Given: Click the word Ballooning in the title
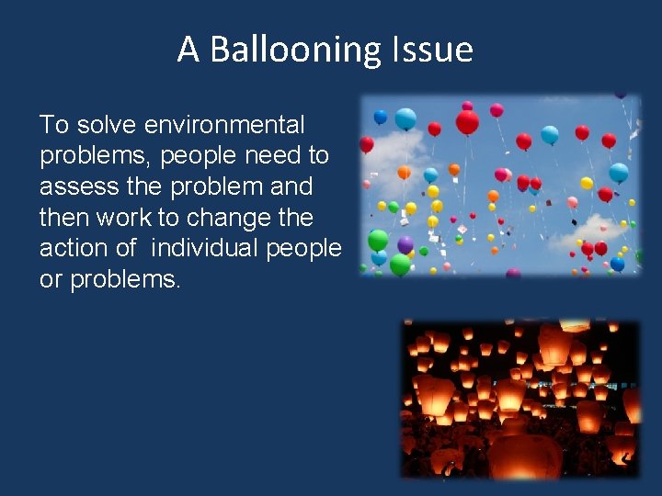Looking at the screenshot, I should pyautogui.click(x=289, y=50).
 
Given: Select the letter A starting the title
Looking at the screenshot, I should pyautogui.click(x=188, y=50).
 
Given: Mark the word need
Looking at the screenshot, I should pyautogui.click(x=272, y=155).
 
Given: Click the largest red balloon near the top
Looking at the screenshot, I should pyautogui.click(x=467, y=122).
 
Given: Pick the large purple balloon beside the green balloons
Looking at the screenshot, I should pyautogui.click(x=405, y=245).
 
